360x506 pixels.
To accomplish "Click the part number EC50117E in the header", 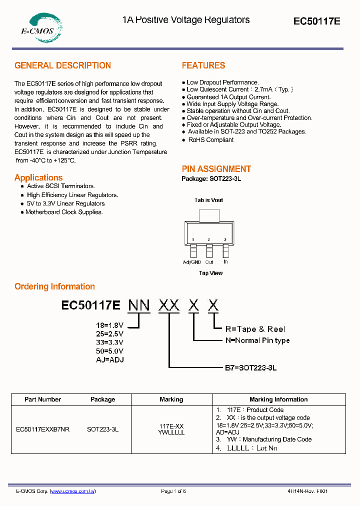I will tap(316, 21).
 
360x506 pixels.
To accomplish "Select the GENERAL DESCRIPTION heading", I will tap(62, 65).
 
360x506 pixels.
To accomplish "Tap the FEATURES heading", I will tap(203, 65).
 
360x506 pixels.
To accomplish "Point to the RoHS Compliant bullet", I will tap(210, 140).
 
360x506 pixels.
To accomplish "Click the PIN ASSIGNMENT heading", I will tap(216, 169).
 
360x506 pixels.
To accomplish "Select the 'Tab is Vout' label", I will tap(208, 200).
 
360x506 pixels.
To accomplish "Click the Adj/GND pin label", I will tap(192, 262).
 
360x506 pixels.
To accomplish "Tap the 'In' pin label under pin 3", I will tap(225, 262).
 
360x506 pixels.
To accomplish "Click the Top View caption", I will tap(210, 273).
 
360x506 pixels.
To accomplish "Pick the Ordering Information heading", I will tap(54, 286).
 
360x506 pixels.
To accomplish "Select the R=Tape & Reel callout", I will tap(255, 329).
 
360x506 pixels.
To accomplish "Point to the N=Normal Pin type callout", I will tap(257, 340).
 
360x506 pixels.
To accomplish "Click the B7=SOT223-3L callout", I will tap(250, 367).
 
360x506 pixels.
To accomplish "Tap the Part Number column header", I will tap(42, 399).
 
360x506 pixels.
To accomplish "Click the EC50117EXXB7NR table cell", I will tap(43, 429).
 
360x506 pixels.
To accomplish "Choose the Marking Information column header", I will tap(278, 399).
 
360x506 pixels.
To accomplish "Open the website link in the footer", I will tap(73, 491).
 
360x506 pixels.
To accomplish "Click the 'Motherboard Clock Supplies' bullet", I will tap(64, 212).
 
